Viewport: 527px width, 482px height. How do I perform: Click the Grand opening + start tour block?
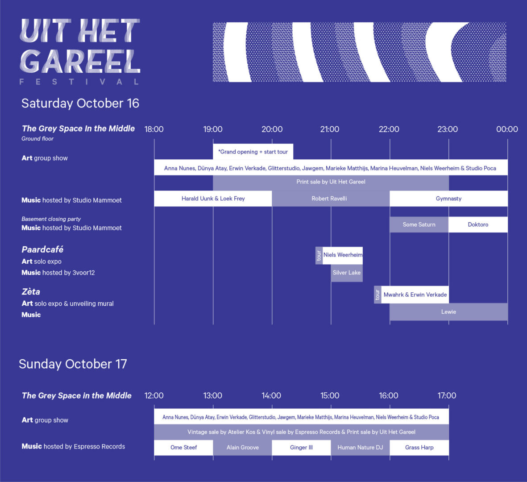pos(253,152)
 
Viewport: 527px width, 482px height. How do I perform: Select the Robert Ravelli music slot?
pos(331,199)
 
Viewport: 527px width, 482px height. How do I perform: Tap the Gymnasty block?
pos(449,199)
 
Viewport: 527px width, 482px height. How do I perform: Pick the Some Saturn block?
pos(419,224)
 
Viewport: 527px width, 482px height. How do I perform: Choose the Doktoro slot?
pos(478,224)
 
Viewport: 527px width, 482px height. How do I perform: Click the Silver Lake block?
pos(347,273)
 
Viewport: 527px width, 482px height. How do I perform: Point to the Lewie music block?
pos(449,312)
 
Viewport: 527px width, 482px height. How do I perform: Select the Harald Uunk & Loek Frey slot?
pos(213,199)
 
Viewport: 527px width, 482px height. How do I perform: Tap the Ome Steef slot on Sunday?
pos(183,447)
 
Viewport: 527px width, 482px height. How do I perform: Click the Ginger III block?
pos(302,447)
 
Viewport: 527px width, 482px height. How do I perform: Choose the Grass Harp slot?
pos(419,447)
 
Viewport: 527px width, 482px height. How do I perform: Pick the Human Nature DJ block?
pos(360,447)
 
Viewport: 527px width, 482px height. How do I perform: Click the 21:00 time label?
pos(330,129)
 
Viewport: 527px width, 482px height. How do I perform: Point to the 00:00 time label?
pos(507,129)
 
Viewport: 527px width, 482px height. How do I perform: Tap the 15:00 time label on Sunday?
pos(330,395)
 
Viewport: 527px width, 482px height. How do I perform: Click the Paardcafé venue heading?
pos(42,249)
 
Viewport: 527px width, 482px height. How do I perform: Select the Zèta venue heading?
pos(31,291)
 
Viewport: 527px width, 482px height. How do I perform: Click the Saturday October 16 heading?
pos(80,103)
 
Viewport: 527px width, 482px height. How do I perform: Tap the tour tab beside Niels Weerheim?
pos(319,255)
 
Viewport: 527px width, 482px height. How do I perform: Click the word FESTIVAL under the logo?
pos(79,82)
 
